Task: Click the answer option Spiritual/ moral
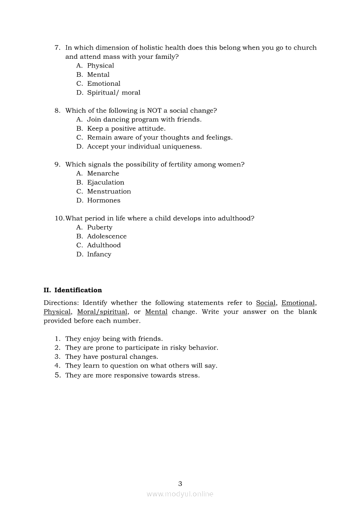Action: pyautogui.click(x=113, y=93)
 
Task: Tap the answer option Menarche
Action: pyautogui.click(x=103, y=174)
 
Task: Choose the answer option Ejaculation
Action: pyautogui.click(x=105, y=182)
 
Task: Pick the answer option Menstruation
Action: pyautogui.click(x=109, y=192)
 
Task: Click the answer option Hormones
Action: pyautogui.click(x=104, y=201)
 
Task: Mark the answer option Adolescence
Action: pyautogui.click(x=107, y=236)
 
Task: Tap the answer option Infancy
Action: pyautogui.click(x=99, y=254)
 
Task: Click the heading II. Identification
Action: pyautogui.click(x=73, y=290)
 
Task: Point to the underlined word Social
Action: pyautogui.click(x=266, y=303)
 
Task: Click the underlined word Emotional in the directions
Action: pyautogui.click(x=298, y=303)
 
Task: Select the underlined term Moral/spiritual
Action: pyautogui.click(x=102, y=312)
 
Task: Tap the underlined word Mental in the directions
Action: pyautogui.click(x=156, y=312)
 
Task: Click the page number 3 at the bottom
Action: pyautogui.click(x=180, y=484)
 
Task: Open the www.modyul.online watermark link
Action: pyautogui.click(x=180, y=494)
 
